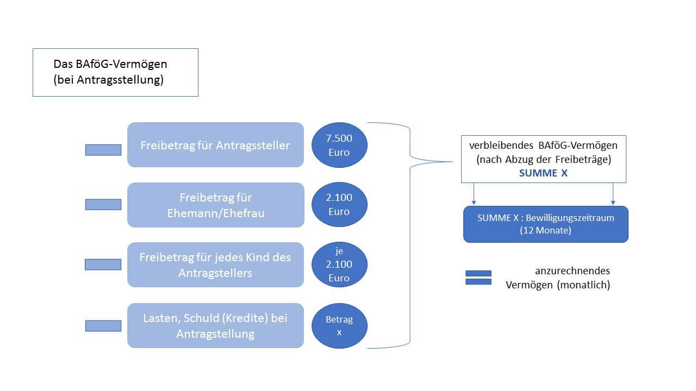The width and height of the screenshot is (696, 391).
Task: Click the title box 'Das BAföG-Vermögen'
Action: (115, 72)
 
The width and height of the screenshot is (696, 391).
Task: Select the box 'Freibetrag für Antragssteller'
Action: (215, 145)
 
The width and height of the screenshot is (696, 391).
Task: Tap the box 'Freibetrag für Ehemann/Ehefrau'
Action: (215, 205)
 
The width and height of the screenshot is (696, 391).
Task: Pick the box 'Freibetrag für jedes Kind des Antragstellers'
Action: (215, 264)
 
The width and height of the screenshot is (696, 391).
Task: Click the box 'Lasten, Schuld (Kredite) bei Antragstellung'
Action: (215, 325)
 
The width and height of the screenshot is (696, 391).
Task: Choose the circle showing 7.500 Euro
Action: (339, 145)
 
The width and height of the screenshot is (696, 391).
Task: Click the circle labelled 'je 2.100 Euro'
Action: (339, 264)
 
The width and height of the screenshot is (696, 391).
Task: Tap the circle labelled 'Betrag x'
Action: (339, 326)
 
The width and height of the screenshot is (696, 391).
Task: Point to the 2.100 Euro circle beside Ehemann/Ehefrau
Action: (339, 205)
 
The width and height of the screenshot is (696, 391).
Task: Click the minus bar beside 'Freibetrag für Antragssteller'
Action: (103, 150)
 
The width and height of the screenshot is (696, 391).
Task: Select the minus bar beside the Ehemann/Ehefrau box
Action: (103, 204)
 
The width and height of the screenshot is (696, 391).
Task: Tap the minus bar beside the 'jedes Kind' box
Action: (103, 264)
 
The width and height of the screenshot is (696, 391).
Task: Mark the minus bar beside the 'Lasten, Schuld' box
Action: (103, 326)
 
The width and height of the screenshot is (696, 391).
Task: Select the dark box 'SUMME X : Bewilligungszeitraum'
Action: (545, 224)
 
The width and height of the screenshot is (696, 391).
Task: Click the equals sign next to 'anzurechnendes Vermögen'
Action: (478, 278)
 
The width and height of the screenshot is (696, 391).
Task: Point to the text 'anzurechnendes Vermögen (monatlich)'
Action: (558, 278)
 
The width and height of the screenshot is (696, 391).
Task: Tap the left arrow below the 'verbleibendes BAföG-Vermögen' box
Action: (475, 194)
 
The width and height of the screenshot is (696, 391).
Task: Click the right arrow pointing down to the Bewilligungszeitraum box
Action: (613, 194)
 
